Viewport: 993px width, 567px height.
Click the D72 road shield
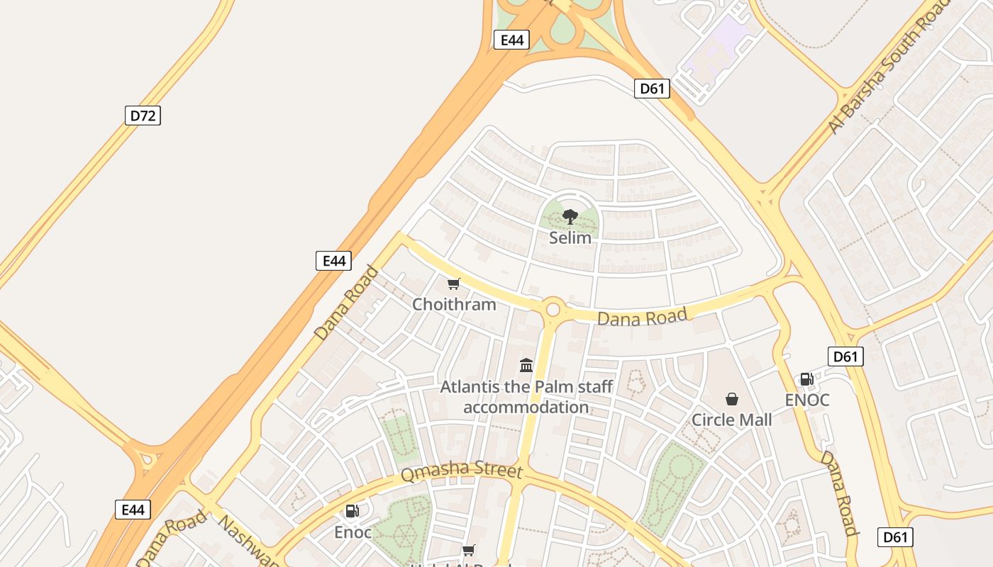tap(143, 116)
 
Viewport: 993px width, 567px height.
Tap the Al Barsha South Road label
tap(890, 67)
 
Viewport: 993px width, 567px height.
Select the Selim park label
tap(570, 237)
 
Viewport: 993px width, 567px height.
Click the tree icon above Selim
tap(570, 217)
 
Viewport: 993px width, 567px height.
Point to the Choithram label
tap(454, 305)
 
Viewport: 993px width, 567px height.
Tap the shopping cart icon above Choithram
tap(454, 284)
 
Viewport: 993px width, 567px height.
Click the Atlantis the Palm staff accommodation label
tap(526, 397)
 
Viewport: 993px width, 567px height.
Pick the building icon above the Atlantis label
tap(526, 365)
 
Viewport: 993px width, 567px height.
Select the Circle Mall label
tap(731, 420)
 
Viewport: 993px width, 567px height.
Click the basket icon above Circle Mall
tap(731, 400)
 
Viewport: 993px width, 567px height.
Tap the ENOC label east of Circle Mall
tap(806, 400)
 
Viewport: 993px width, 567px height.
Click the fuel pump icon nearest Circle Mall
tap(806, 379)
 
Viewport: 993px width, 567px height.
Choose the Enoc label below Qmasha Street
tap(353, 532)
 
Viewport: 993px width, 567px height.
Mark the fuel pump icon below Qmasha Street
tap(352, 510)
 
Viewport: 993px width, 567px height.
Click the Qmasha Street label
tap(461, 472)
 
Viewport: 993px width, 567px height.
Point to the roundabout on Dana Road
tap(553, 310)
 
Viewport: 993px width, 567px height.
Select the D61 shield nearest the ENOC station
tap(845, 357)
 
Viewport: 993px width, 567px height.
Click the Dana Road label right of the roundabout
tap(642, 317)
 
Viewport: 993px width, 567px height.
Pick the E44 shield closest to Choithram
tap(333, 261)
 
